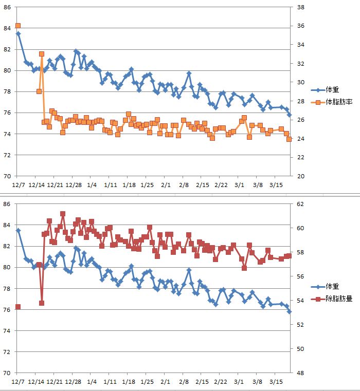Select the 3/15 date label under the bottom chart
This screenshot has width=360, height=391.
276,382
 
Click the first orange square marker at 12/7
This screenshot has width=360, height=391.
18,26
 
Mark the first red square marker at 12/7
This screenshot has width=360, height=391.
18,307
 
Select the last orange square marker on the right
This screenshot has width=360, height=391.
289,139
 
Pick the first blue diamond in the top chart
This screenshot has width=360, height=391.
18,34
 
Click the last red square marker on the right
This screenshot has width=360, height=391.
289,256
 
